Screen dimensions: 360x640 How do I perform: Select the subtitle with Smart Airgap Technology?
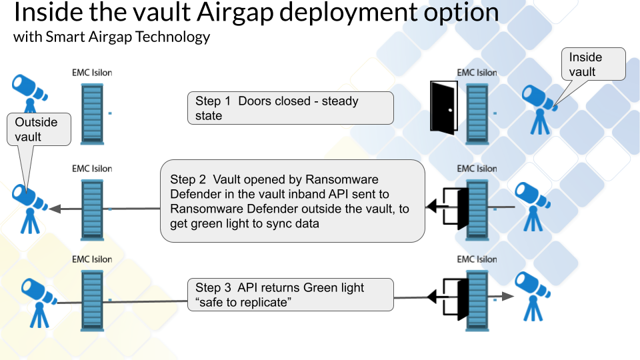pyautogui.click(x=112, y=37)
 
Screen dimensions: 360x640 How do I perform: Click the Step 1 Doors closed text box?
pyautogui.click(x=290, y=108)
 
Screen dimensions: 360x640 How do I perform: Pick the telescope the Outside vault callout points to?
pyautogui.click(x=29, y=203)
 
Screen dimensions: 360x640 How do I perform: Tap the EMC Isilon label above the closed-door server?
pyautogui.click(x=477, y=73)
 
